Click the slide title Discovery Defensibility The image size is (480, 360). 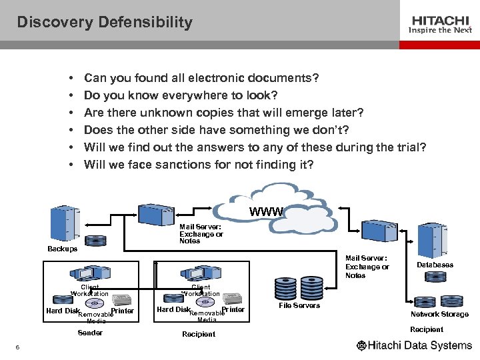[105, 22]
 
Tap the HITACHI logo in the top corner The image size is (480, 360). [441, 20]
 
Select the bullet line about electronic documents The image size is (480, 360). [201, 78]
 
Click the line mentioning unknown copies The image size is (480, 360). [223, 113]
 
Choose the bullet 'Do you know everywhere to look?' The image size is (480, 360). [181, 95]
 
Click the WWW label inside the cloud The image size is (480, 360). [266, 212]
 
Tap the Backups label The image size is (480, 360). [62, 249]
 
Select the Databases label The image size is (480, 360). [435, 265]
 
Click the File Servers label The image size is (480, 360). [299, 305]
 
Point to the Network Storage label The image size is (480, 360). [439, 314]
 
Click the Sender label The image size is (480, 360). [90, 333]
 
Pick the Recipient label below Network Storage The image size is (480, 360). [427, 329]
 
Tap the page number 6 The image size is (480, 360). [17, 346]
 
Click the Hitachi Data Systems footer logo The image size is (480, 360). [414, 345]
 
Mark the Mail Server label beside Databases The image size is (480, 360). [367, 267]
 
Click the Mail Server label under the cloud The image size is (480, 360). [201, 234]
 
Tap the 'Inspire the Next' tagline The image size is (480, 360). [441, 30]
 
